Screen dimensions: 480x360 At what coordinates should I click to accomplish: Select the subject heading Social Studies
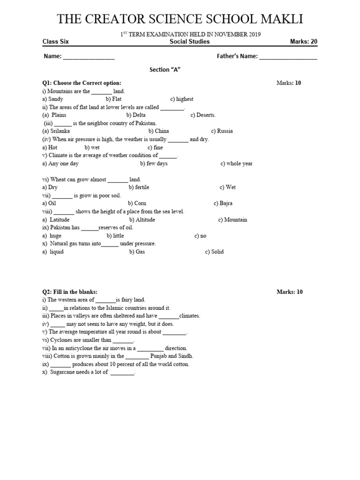point(189,41)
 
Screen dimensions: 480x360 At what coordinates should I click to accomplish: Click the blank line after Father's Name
point(288,57)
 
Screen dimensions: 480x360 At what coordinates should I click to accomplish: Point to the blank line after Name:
point(89,57)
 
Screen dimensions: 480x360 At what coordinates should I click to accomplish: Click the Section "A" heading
point(165,69)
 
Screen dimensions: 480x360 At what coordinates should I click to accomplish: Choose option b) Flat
point(114,99)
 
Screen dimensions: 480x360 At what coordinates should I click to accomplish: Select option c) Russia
point(222,131)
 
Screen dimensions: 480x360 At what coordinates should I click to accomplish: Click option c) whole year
point(237,164)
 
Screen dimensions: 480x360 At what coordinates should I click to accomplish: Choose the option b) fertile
point(139,187)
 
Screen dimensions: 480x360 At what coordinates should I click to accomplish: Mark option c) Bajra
point(223,203)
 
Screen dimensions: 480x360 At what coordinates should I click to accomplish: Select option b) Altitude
point(142,220)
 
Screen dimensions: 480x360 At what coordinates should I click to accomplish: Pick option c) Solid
point(214,252)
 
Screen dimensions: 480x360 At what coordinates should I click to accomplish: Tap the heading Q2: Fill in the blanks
point(69,292)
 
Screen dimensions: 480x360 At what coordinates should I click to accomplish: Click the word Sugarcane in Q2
point(62,372)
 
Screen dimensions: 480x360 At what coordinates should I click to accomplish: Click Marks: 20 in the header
point(304,41)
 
